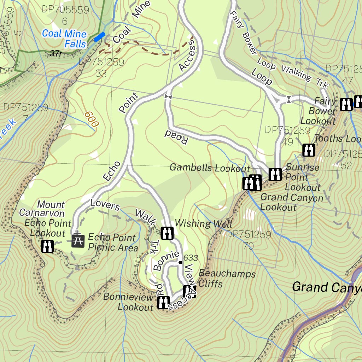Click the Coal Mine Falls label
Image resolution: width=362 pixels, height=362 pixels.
64,39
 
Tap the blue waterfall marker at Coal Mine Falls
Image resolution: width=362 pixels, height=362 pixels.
99,37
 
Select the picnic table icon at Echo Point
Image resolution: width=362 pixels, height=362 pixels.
78,241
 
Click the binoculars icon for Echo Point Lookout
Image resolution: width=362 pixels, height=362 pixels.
47,246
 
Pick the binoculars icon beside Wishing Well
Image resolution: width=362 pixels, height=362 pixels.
167,233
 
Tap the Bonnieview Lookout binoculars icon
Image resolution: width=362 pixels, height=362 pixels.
163,302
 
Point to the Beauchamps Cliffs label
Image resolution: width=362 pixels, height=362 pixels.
227,279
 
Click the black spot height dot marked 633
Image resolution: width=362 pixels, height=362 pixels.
180,262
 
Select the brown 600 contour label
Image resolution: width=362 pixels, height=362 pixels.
91,120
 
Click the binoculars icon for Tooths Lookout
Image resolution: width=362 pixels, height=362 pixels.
309,150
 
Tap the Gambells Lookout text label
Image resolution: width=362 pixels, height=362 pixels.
210,168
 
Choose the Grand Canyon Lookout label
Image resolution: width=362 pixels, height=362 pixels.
292,202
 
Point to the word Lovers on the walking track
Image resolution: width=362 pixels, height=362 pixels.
105,205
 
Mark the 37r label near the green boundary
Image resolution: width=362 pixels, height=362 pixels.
56,54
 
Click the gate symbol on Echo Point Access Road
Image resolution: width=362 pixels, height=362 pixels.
168,97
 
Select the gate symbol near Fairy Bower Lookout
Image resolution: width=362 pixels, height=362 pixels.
289,100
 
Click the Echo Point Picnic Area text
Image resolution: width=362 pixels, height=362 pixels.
112,243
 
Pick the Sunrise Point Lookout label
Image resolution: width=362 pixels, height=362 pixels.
303,177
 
